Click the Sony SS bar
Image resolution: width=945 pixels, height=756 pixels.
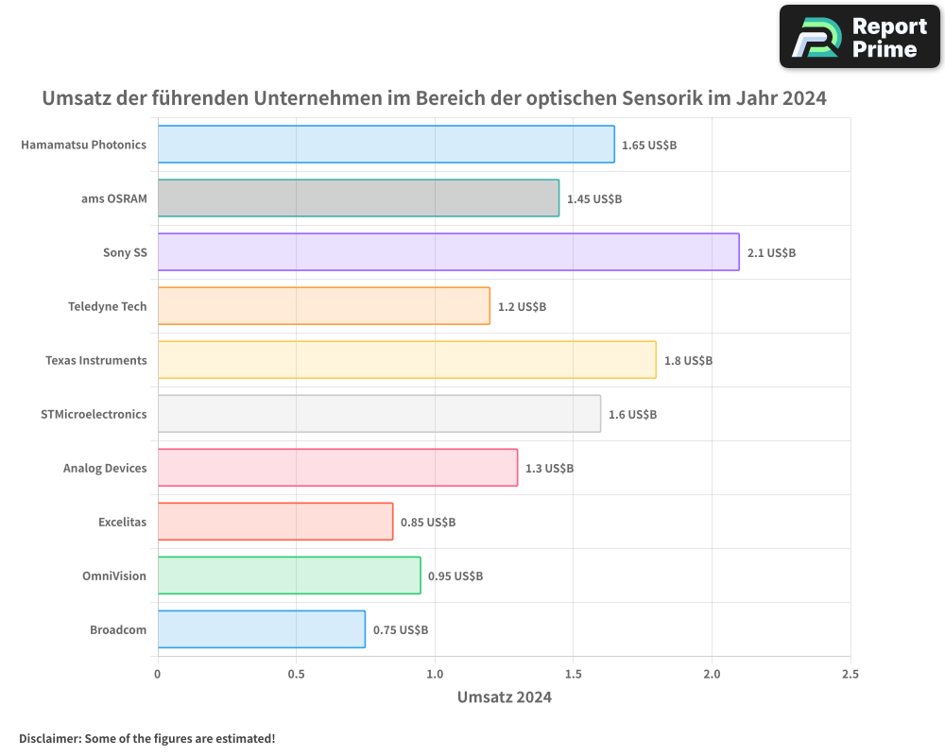[448, 252]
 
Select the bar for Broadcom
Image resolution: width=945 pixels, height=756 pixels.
[261, 629]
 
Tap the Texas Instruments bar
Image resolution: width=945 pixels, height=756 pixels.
[406, 360]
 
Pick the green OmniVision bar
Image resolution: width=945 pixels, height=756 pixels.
[288, 576]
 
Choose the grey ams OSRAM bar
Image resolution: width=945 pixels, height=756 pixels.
[358, 198]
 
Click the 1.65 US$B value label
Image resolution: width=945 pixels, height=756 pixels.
[649, 145]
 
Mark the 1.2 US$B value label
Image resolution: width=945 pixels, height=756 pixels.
[522, 307]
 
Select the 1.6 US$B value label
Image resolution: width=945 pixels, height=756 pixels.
[632, 414]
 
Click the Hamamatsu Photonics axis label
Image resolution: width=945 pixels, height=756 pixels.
[83, 145]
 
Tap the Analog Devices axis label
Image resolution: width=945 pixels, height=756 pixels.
[105, 468]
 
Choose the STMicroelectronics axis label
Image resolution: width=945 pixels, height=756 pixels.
[94, 414]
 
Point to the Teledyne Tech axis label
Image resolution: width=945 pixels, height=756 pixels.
[107, 306]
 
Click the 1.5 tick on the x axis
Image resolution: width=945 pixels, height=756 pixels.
[574, 675]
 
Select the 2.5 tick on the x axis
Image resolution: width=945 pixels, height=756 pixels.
[850, 675]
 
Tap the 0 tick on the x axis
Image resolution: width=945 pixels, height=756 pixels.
[158, 675]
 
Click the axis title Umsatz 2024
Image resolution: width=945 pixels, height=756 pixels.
[504, 697]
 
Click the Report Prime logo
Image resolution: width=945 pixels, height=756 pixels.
[859, 37]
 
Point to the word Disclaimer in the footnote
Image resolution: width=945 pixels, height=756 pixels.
[49, 738]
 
